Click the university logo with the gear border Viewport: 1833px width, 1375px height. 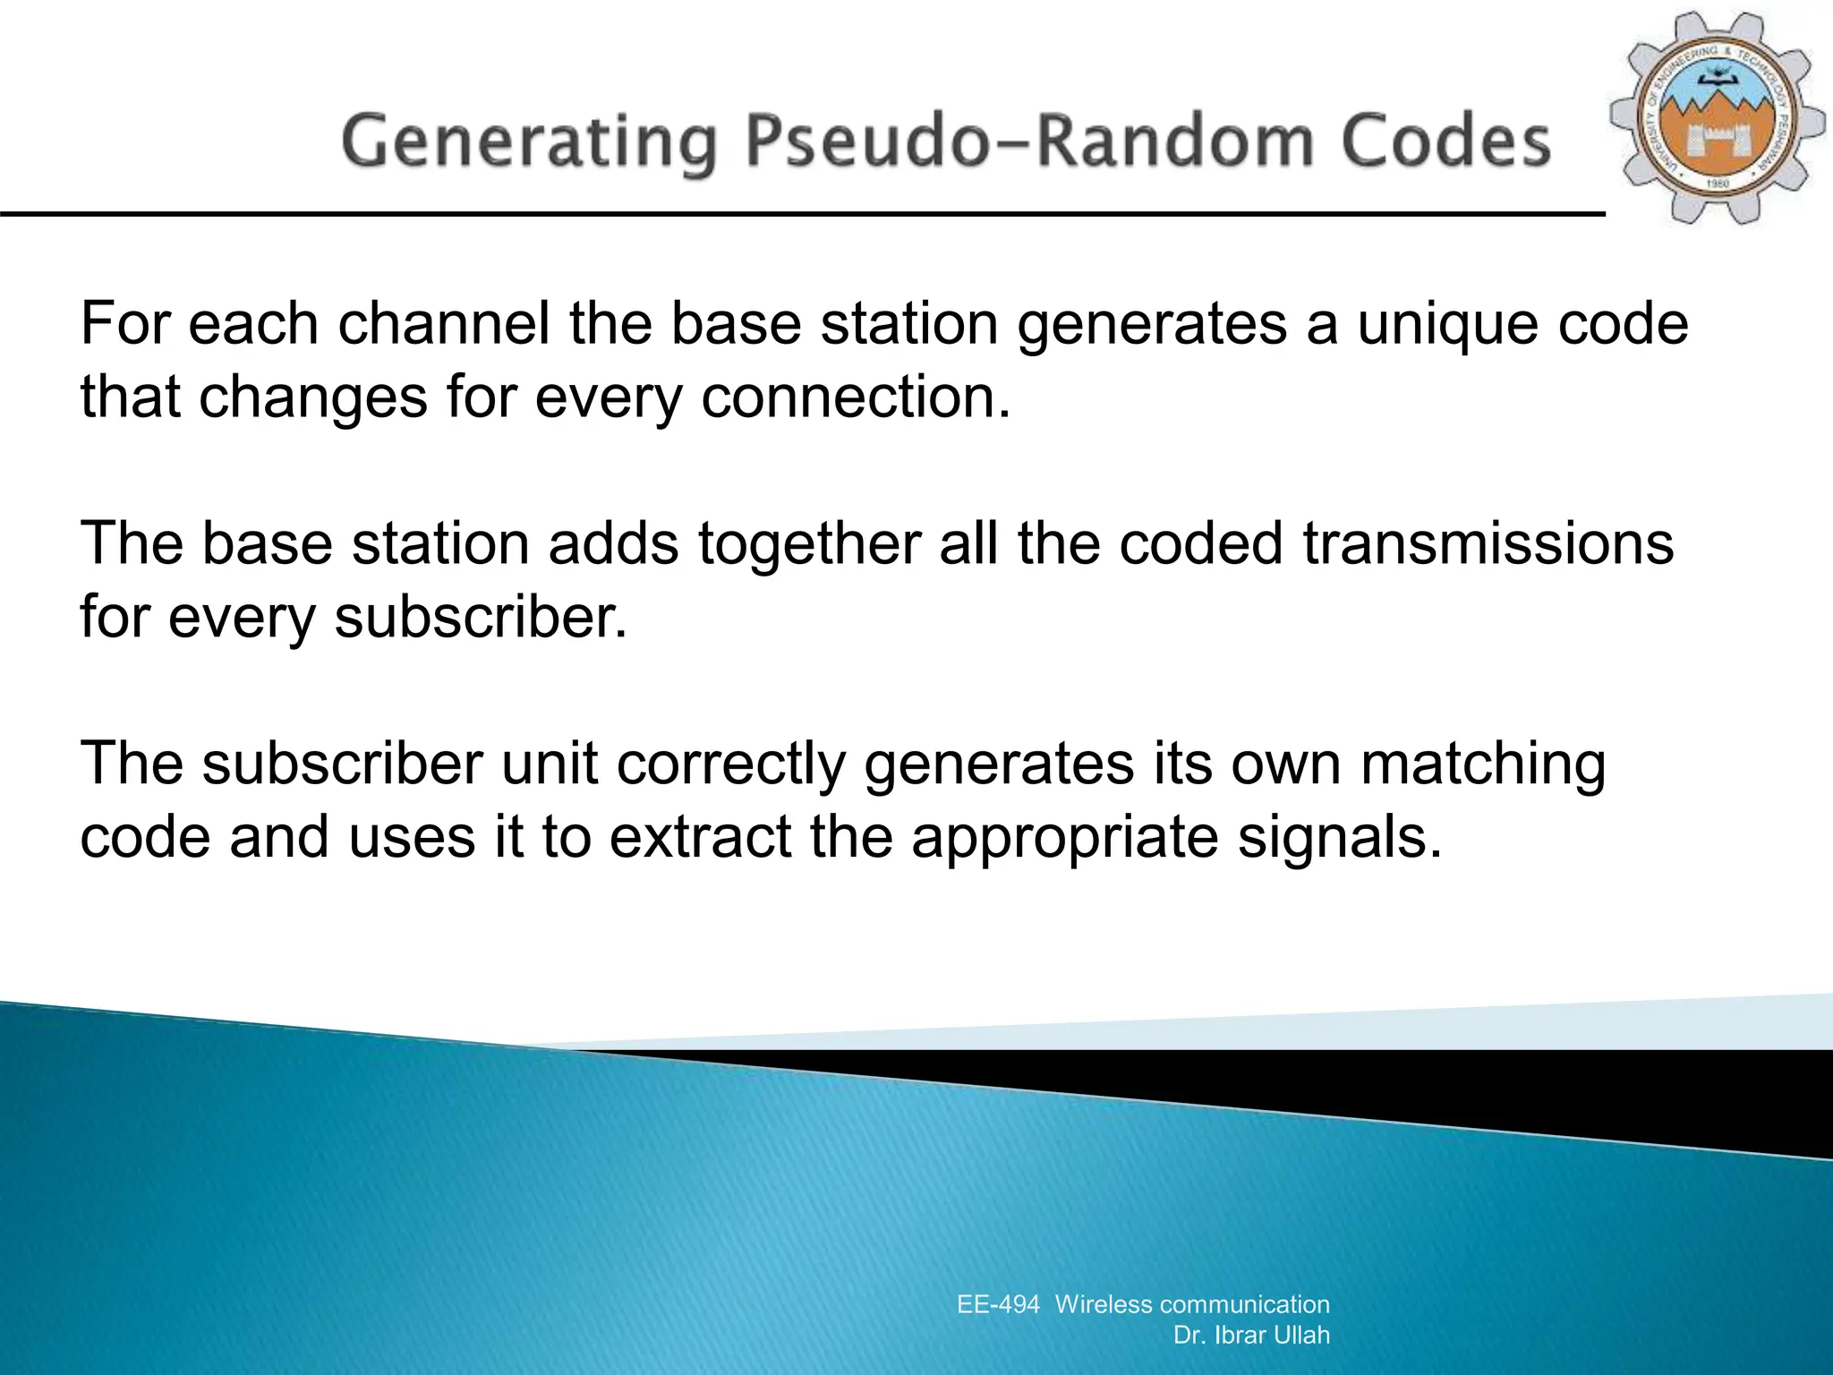pyautogui.click(x=1718, y=119)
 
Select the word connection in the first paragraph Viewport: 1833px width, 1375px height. pyautogui.click(x=855, y=397)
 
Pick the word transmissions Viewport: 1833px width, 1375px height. pyautogui.click(x=1488, y=543)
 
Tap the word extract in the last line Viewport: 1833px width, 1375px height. pyautogui.click(x=700, y=837)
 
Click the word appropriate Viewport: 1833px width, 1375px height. pyautogui.click(x=1064, y=839)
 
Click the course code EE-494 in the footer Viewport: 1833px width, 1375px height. pyautogui.click(x=998, y=1304)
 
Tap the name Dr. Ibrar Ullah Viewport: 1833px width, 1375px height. pyautogui.click(x=1251, y=1335)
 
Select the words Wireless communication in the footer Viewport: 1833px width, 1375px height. pyautogui.click(x=1192, y=1304)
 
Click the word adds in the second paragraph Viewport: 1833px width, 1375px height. pyautogui.click(x=613, y=543)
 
